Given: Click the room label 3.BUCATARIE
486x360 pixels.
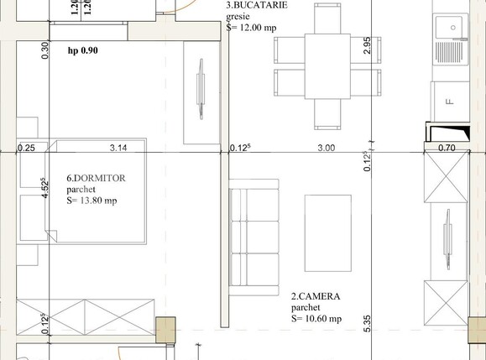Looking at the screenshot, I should click(x=257, y=5).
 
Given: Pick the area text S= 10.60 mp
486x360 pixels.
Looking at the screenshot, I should click(x=316, y=318).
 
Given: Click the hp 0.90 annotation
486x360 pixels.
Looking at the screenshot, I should click(x=83, y=50).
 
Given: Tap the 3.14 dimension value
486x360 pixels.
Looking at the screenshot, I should click(x=118, y=148).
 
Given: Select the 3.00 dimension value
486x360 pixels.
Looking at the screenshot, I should click(x=326, y=148).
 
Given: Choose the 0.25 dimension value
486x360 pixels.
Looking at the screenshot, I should click(x=26, y=148).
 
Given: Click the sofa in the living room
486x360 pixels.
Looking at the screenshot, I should click(x=254, y=239).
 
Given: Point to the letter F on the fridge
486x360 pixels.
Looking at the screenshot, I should click(x=450, y=102).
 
